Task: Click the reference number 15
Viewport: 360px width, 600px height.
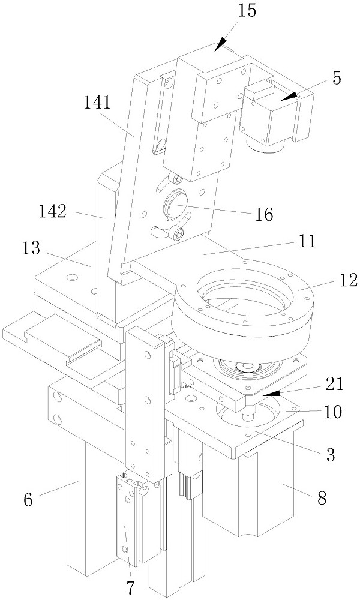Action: click(247, 10)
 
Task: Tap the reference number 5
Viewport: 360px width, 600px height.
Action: click(336, 79)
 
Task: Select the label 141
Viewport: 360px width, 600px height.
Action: click(98, 103)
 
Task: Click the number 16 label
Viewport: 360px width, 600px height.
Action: click(263, 215)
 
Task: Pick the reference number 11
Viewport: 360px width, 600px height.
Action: click(307, 241)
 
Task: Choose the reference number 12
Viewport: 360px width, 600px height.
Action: click(348, 280)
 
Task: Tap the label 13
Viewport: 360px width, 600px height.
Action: click(31, 248)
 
